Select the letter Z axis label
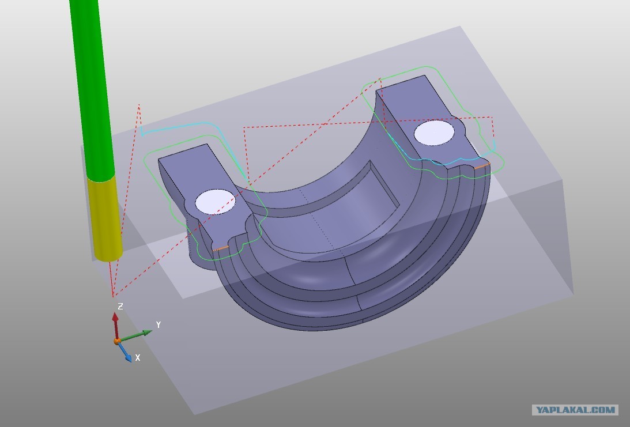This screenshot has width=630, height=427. [120, 307]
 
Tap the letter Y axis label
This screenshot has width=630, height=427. [159, 324]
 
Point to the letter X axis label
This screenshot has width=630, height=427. [138, 357]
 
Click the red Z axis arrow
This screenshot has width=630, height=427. [116, 326]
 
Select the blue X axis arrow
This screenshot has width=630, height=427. [125, 352]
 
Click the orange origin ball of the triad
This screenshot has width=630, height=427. [117, 341]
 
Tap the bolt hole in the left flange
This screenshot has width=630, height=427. [215, 202]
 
